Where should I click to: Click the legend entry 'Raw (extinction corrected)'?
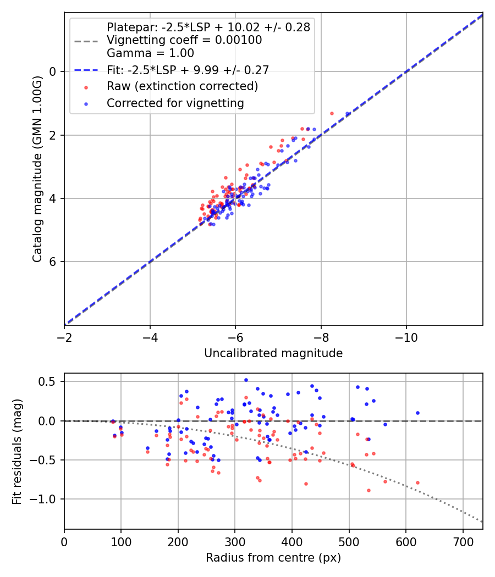[182, 86]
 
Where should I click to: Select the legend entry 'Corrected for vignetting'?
[175, 103]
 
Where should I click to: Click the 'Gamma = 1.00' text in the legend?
[150, 53]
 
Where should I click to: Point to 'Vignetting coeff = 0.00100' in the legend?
[184, 40]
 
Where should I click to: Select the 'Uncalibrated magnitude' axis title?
[273, 353]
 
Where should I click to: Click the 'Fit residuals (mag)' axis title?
[17, 451]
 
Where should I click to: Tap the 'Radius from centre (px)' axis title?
[273, 558]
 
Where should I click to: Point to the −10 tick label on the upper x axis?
[406, 337]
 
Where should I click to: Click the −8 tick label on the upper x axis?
[321, 337]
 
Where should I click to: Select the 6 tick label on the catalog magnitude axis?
[53, 262]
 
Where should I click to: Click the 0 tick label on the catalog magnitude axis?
[53, 71]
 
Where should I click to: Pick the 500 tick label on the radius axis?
[349, 542]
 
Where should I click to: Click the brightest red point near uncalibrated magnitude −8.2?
[332, 113]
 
